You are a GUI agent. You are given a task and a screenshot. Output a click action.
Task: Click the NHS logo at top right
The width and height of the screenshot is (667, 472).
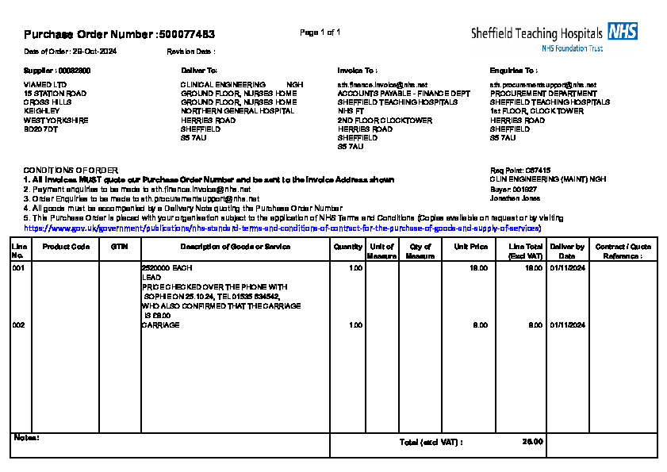pos(623,32)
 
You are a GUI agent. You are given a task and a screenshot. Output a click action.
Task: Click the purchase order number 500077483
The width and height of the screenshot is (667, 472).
pos(186,35)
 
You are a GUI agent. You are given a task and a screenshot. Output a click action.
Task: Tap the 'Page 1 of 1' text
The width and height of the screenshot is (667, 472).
pos(320,33)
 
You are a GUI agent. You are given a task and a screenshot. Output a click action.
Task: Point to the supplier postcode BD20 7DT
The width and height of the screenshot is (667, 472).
pos(40,129)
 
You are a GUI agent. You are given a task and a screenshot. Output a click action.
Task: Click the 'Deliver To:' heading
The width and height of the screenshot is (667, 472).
pos(199,71)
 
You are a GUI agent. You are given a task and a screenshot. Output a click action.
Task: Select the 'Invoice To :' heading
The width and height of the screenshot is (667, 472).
pos(357,71)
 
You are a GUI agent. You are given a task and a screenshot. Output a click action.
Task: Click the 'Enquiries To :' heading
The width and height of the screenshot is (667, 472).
pos(513,71)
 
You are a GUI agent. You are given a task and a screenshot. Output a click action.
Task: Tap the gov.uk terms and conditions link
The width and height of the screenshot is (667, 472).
pos(282,228)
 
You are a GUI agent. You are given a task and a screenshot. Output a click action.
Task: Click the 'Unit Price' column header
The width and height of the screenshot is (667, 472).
pos(470,247)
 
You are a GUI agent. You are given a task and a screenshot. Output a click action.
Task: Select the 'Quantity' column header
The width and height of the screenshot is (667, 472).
pos(348,247)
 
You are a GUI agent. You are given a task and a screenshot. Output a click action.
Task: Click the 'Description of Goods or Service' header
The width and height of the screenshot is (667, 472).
pos(234,247)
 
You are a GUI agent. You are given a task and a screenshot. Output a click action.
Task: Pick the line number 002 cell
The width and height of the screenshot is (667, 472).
pos(17,325)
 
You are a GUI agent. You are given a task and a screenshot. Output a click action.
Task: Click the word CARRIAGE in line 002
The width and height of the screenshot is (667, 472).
pos(160,325)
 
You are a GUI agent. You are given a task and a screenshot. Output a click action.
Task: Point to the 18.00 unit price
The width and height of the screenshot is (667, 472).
pos(479,269)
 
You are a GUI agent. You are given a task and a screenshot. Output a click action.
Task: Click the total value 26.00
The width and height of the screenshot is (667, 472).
pos(533,442)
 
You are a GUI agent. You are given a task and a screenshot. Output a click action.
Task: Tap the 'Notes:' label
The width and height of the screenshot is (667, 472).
pos(27,438)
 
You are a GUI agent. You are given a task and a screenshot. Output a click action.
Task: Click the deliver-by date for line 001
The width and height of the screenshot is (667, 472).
pos(567,269)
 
